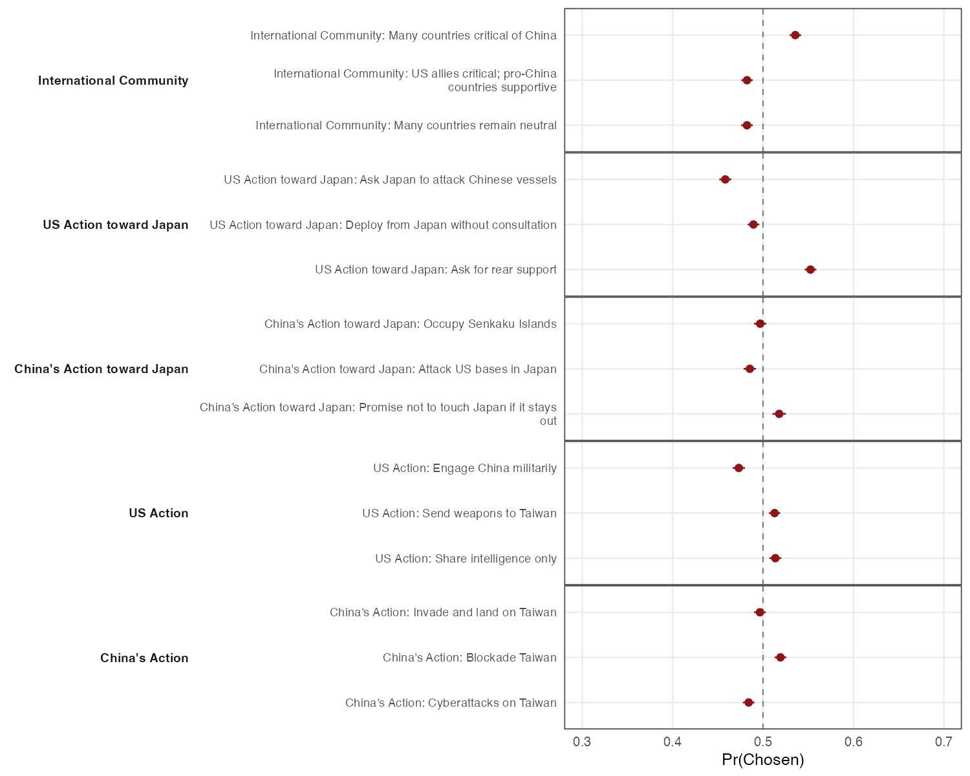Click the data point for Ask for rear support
point(810,270)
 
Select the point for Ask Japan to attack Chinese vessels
point(725,179)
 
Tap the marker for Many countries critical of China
point(795,35)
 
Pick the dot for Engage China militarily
point(738,468)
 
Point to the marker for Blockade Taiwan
point(781,658)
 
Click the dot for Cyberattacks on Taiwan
point(749,702)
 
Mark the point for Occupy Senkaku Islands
point(760,324)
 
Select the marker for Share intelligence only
point(775,558)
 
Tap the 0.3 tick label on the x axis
point(582,741)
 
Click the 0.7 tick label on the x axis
point(943,741)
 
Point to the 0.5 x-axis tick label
point(763,741)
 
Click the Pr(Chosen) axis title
point(763,760)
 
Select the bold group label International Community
point(113,81)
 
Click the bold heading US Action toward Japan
point(116,225)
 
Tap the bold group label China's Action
point(144,658)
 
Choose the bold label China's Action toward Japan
point(102,369)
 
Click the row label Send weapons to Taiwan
point(459,513)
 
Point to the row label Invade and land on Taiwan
point(443,612)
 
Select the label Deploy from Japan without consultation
point(383,225)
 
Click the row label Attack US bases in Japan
point(407,369)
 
